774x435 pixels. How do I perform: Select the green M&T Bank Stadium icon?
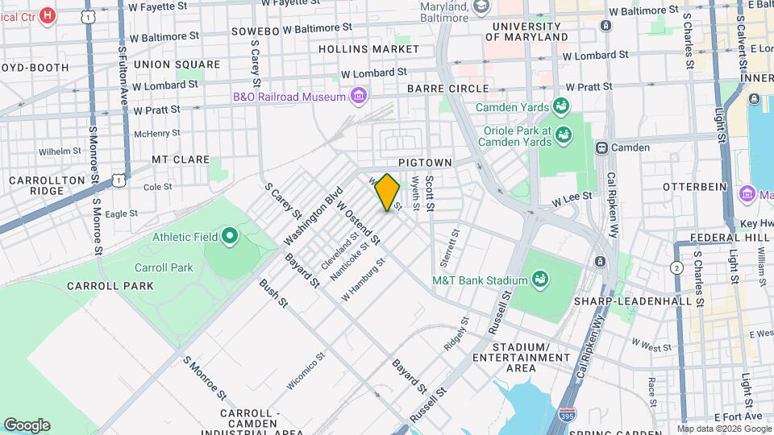click(540, 280)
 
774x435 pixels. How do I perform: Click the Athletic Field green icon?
click(229, 236)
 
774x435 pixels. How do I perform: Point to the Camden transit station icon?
click(601, 147)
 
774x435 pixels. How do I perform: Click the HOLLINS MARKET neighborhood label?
click(368, 49)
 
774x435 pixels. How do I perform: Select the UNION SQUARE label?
click(177, 64)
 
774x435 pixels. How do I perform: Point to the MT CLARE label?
click(181, 159)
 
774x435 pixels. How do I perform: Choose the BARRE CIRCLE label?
click(447, 89)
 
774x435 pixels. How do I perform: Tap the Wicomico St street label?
click(305, 371)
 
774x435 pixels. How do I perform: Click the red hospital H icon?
click(48, 14)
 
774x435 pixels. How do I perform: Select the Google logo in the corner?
click(27, 425)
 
